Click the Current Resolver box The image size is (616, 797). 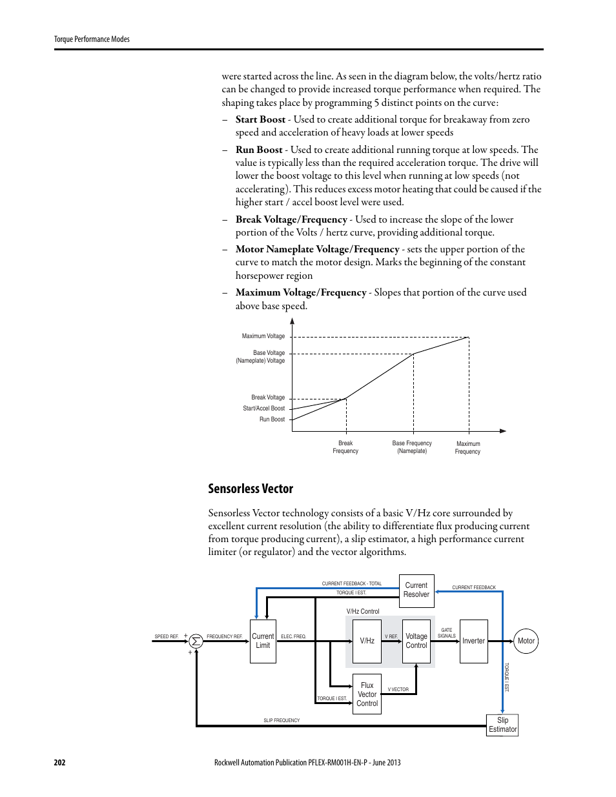pyautogui.click(x=416, y=590)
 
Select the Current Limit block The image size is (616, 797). pyautogui.click(x=263, y=641)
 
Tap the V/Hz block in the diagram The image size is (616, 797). pyautogui.click(x=367, y=641)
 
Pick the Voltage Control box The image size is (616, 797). pyautogui.click(x=416, y=641)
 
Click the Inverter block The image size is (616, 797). pyautogui.click(x=473, y=641)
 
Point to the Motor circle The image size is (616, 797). pyautogui.click(x=526, y=641)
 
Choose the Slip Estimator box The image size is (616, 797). pyautogui.click(x=502, y=725)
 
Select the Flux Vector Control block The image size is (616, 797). pyautogui.click(x=367, y=694)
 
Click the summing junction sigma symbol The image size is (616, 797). pyautogui.click(x=196, y=641)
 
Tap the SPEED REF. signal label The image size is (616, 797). pyautogui.click(x=166, y=637)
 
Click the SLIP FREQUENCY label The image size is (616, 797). pyautogui.click(x=282, y=720)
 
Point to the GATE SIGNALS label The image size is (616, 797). pyautogui.click(x=447, y=633)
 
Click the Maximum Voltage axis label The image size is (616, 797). pyautogui.click(x=263, y=336)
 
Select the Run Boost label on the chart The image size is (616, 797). pyautogui.click(x=272, y=419)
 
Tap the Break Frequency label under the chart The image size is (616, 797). pyautogui.click(x=345, y=447)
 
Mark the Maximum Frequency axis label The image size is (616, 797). pyautogui.click(x=468, y=448)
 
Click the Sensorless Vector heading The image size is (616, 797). pyautogui.click(x=251, y=489)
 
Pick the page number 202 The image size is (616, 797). pyautogui.click(x=59, y=762)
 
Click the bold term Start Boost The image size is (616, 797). pyautogui.click(x=260, y=119)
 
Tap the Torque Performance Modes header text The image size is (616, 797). pyautogui.click(x=92, y=39)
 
